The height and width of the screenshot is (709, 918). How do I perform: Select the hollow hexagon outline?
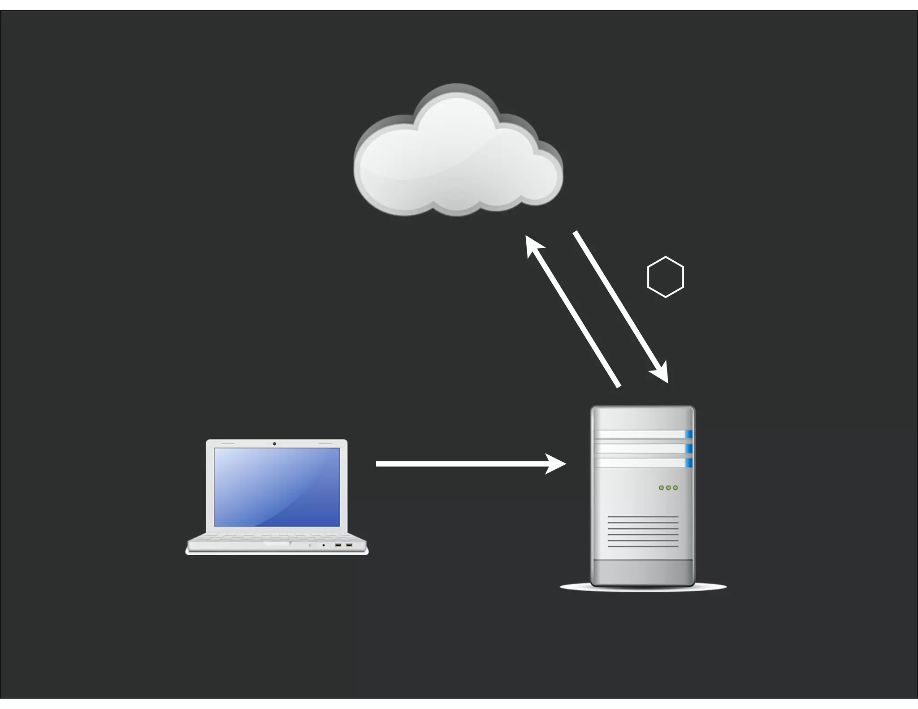[666, 277]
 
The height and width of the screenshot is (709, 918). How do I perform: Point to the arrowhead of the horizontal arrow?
[556, 464]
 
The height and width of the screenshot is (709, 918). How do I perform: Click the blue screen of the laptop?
[277, 487]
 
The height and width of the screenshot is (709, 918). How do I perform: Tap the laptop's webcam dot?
[274, 444]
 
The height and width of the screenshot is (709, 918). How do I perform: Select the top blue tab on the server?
[688, 434]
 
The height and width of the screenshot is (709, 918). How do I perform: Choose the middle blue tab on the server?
[688, 449]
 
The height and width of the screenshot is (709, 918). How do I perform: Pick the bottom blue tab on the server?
[688, 463]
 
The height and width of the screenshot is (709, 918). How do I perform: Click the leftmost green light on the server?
[661, 488]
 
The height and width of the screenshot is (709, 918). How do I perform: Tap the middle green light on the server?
[668, 488]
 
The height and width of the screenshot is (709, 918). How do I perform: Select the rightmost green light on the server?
[676, 488]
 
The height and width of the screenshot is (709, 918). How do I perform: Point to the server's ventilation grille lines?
[643, 532]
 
